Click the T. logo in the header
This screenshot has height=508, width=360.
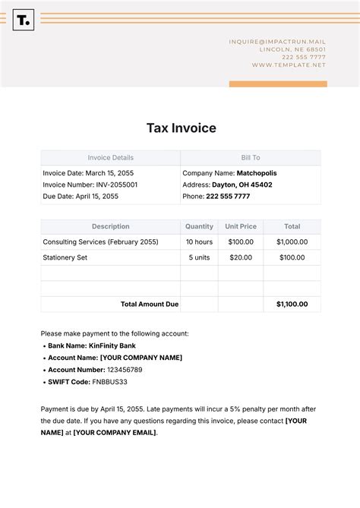pyautogui.click(x=24, y=21)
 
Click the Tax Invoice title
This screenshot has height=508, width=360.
pyautogui.click(x=181, y=128)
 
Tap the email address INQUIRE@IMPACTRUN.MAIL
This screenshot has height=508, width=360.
pyautogui.click(x=277, y=42)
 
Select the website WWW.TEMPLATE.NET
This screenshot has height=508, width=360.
pyautogui.click(x=289, y=65)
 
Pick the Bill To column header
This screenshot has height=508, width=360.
pyautogui.click(x=251, y=158)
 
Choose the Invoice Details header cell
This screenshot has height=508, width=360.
pyautogui.click(x=110, y=158)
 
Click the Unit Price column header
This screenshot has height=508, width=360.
pyautogui.click(x=241, y=226)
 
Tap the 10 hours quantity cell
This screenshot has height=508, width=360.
pyautogui.click(x=199, y=242)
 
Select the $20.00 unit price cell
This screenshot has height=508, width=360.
pyautogui.click(x=241, y=257)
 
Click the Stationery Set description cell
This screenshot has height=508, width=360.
pyautogui.click(x=65, y=257)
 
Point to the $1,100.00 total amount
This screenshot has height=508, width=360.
pyautogui.click(x=292, y=304)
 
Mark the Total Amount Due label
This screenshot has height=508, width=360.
pyautogui.click(x=150, y=304)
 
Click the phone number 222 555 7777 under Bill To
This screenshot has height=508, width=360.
pyautogui.click(x=227, y=197)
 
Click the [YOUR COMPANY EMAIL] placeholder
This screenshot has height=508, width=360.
pyautogui.click(x=115, y=433)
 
